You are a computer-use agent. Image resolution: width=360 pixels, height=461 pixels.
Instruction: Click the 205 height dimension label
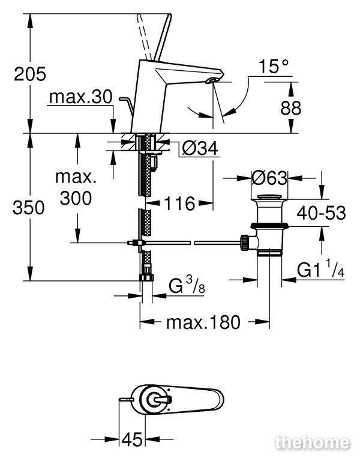tap(30, 74)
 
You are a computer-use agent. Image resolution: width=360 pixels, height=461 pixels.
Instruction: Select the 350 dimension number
tap(29, 208)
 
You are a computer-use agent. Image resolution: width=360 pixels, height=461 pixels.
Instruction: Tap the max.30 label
tap(81, 97)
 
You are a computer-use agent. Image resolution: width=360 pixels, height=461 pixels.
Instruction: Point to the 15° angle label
tap(274, 66)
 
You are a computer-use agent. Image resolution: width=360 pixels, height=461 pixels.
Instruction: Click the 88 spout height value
tap(290, 108)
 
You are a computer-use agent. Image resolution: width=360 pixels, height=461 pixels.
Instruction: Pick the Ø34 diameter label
tap(200, 148)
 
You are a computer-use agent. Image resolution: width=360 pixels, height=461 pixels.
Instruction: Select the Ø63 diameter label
tap(269, 178)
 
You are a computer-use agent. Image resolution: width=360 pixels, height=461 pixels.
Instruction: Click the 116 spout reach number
tap(179, 203)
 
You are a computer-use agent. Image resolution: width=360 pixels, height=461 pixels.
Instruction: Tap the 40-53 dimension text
tap(321, 212)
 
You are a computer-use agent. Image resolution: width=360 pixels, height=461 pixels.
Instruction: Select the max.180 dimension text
tap(203, 322)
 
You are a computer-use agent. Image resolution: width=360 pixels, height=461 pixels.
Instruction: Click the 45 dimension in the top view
tap(132, 440)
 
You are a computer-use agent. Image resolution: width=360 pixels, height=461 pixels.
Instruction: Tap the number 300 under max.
tap(76, 198)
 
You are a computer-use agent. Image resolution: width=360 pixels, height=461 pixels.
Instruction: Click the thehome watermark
tap(313, 443)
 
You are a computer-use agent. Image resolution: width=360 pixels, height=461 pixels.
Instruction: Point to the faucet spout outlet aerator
tap(212, 80)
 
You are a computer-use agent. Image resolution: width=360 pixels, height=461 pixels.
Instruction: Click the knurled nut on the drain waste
tap(245, 243)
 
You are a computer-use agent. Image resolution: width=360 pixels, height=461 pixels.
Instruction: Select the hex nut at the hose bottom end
tap(146, 277)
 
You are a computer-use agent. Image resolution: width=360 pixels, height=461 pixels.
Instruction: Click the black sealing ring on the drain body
tap(269, 226)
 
